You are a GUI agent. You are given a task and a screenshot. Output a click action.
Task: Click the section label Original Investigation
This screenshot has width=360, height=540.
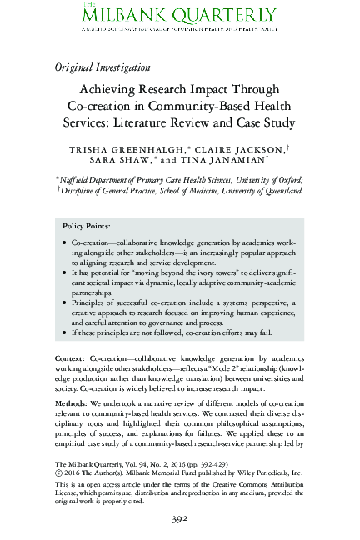[x=102, y=67]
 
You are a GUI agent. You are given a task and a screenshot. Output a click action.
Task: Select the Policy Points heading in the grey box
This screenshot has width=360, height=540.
[x=87, y=226]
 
